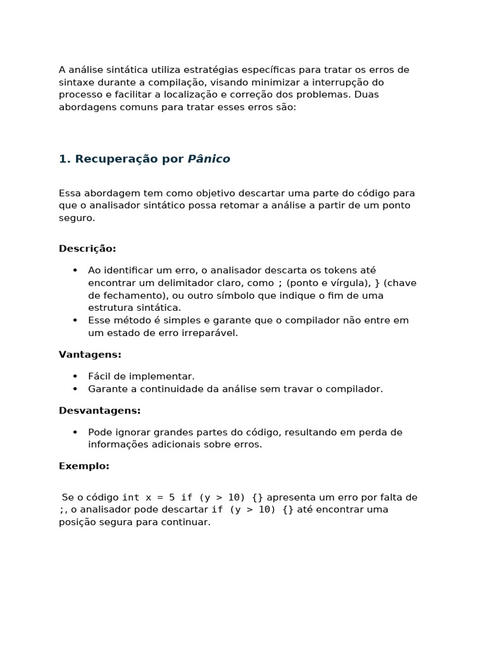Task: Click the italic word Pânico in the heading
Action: [x=209, y=159]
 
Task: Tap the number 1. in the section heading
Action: [x=65, y=159]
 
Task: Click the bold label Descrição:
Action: [x=87, y=249]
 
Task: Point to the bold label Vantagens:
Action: [x=90, y=354]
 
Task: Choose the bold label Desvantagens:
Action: [x=99, y=411]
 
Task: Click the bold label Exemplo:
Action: [x=84, y=466]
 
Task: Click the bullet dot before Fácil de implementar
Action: [x=75, y=377]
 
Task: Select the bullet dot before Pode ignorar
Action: [x=75, y=432]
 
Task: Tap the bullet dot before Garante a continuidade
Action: [x=75, y=389]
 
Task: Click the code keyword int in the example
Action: [x=130, y=497]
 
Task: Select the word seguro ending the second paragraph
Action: [x=76, y=218]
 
